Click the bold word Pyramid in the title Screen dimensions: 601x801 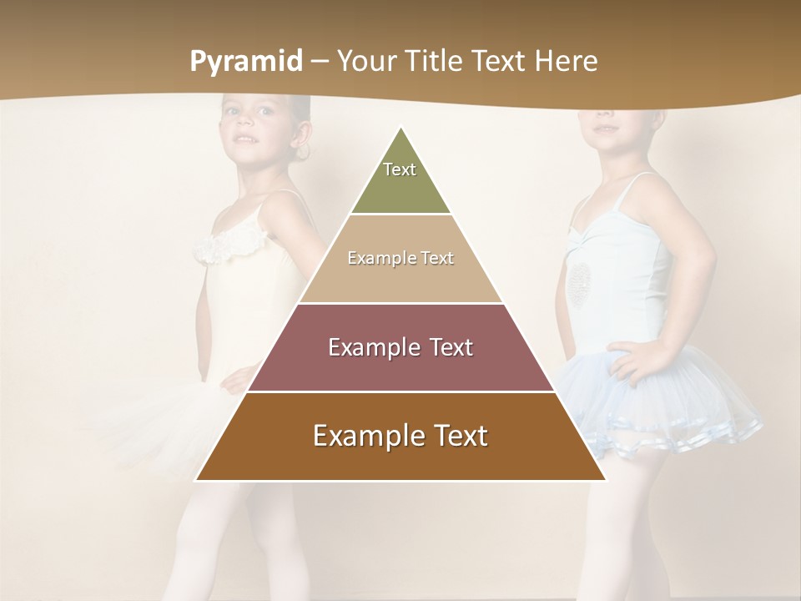click(246, 62)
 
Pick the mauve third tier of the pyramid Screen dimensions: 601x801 click(400, 367)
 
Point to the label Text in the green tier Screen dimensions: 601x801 click(400, 169)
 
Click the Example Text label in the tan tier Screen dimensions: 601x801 click(400, 258)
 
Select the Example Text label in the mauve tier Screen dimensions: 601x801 click(400, 347)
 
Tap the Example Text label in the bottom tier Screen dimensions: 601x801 click(400, 436)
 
